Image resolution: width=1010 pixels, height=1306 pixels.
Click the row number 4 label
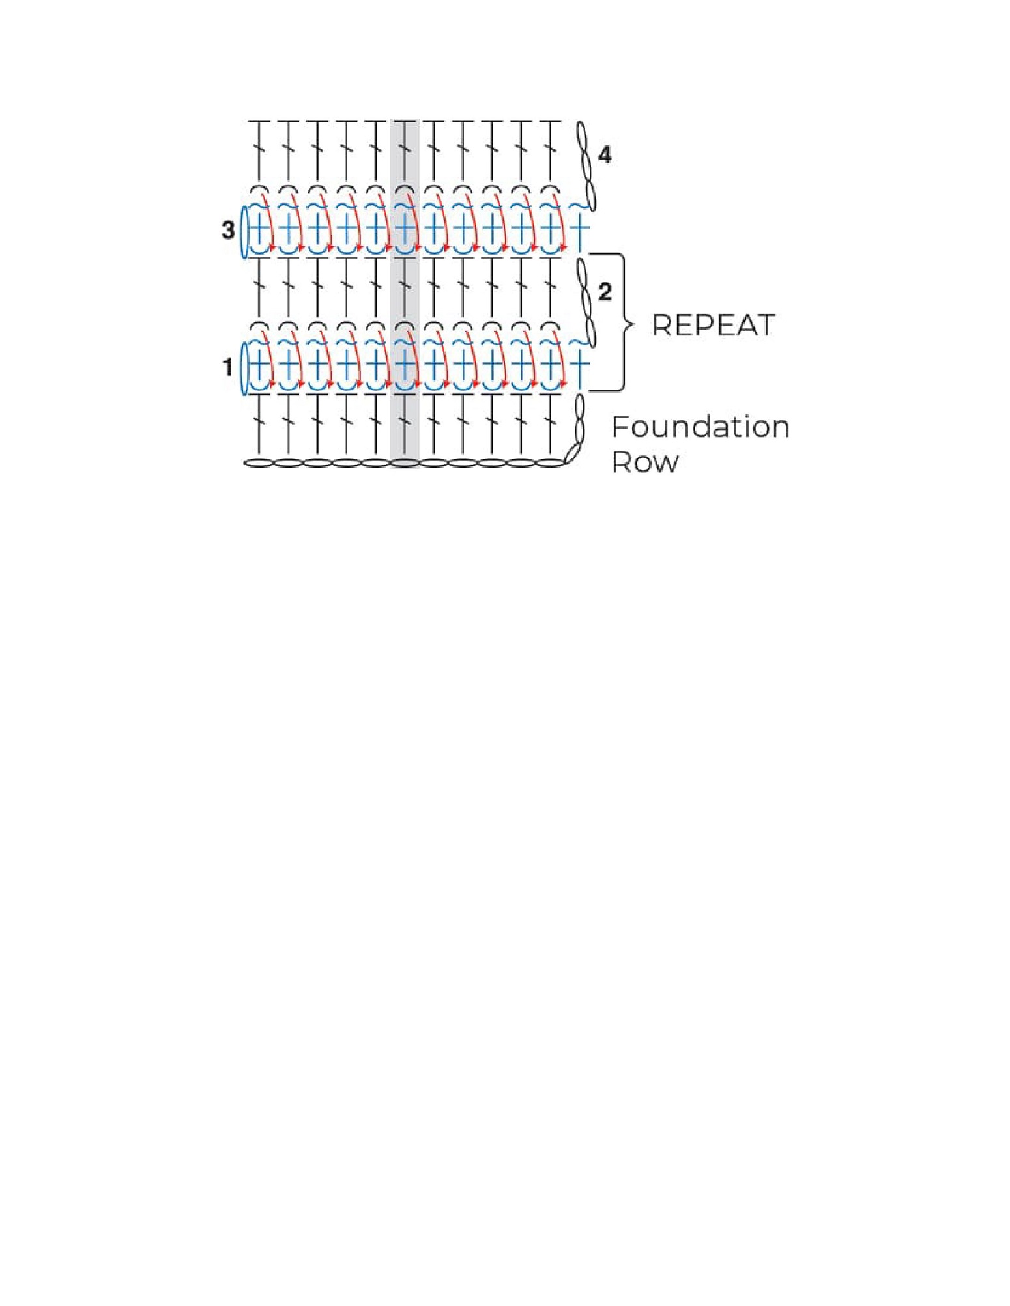pyautogui.click(x=605, y=156)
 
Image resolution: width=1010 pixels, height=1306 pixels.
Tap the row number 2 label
pyautogui.click(x=605, y=292)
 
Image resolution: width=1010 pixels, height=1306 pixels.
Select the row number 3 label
pyautogui.click(x=228, y=230)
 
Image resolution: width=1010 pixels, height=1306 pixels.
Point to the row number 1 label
pyautogui.click(x=228, y=367)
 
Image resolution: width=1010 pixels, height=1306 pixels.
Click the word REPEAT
pyautogui.click(x=713, y=326)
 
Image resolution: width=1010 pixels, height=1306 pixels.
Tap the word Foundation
pyautogui.click(x=700, y=427)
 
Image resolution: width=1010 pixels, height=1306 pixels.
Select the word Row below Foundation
pyautogui.click(x=645, y=462)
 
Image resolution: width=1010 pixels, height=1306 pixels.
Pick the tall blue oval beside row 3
pyautogui.click(x=244, y=232)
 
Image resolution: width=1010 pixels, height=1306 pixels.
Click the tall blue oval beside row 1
pyautogui.click(x=244, y=369)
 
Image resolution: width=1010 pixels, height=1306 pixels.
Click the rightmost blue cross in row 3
pyautogui.click(x=579, y=229)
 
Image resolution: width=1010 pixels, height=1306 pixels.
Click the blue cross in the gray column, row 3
pyautogui.click(x=405, y=229)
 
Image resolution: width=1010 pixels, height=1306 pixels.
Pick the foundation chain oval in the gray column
pyautogui.click(x=405, y=463)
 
